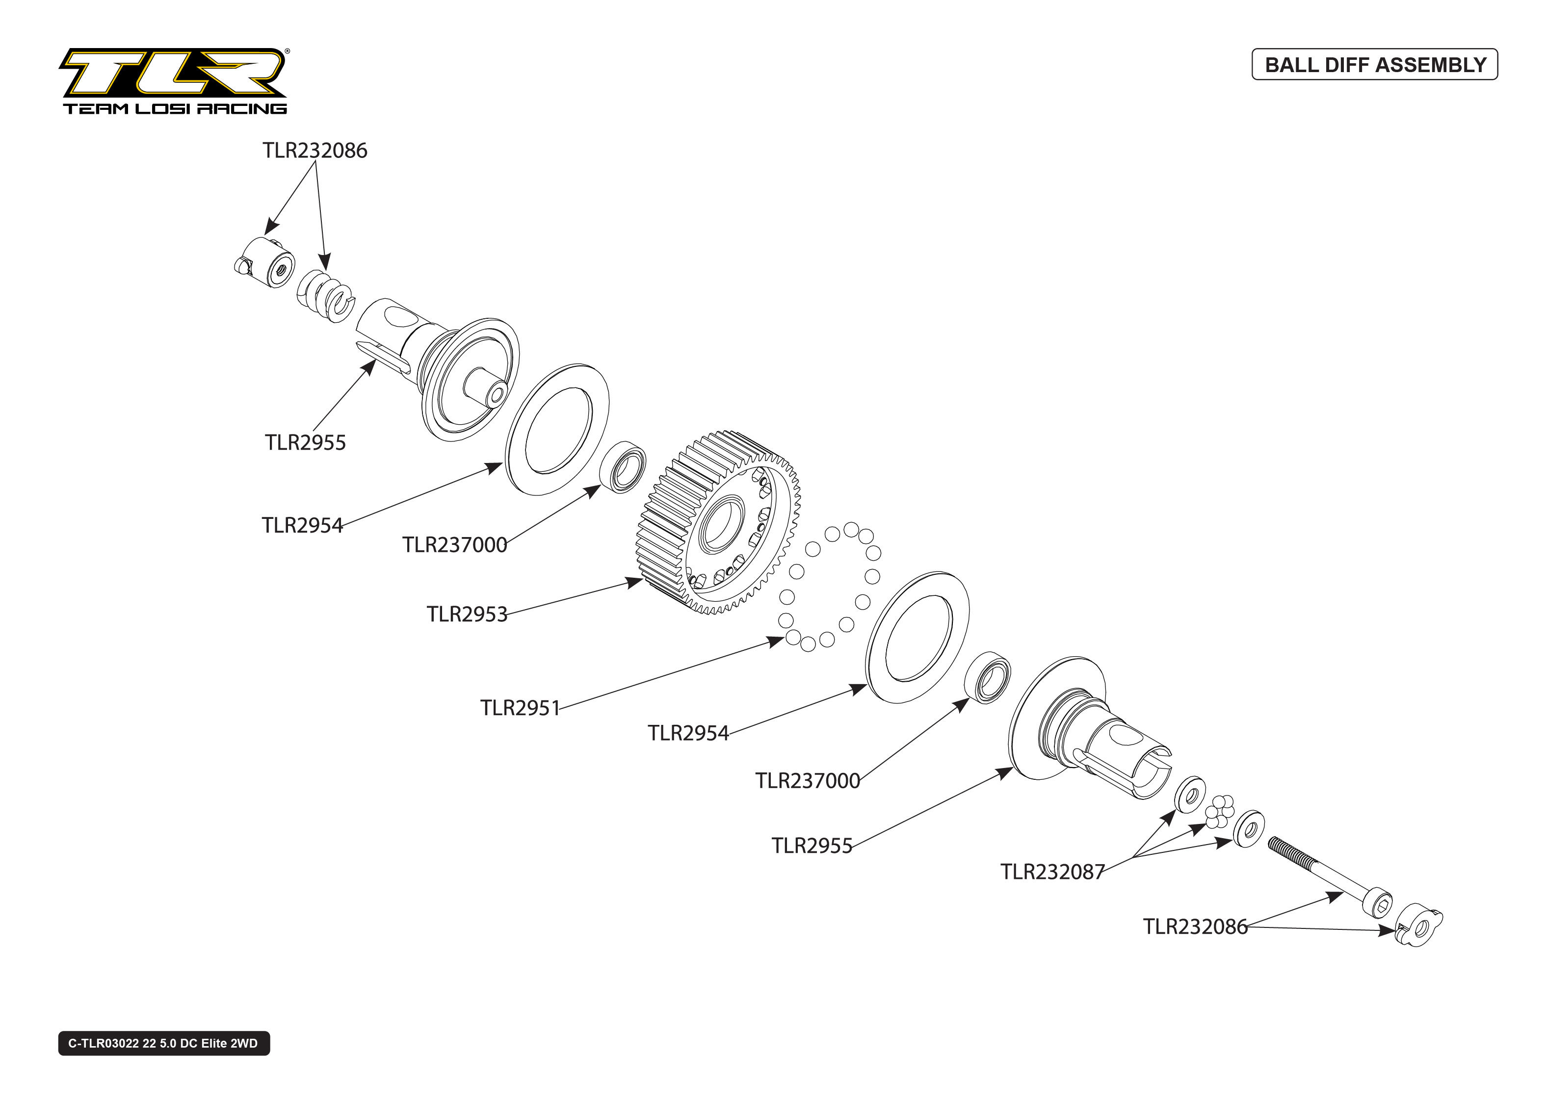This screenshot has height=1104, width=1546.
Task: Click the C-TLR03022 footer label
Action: pyautogui.click(x=163, y=1043)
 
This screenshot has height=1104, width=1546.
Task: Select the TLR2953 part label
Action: pyautogui.click(x=467, y=614)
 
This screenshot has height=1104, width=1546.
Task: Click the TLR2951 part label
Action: pyautogui.click(x=520, y=708)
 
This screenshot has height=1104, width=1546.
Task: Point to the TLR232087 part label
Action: pyautogui.click(x=1052, y=872)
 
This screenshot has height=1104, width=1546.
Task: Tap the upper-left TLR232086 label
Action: pyautogui.click(x=315, y=150)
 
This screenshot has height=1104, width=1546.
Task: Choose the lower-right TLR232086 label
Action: pyautogui.click(x=1195, y=926)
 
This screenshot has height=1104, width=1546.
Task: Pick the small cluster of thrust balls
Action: pyautogui.click(x=1220, y=810)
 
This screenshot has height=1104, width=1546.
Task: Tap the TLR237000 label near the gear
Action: pyautogui.click(x=454, y=544)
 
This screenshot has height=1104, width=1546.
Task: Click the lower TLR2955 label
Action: pyautogui.click(x=811, y=846)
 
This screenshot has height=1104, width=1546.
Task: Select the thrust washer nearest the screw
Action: pyautogui.click(x=1249, y=829)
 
